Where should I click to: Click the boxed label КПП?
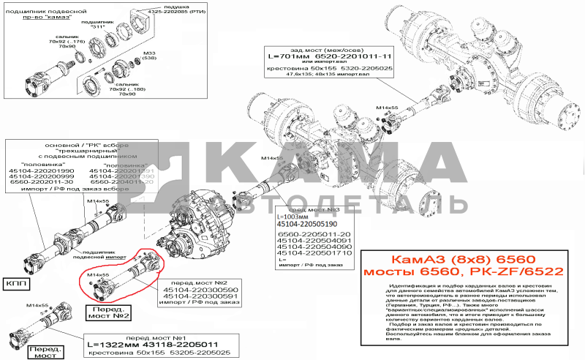coord(18,282)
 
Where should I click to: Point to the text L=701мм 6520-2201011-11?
coord(330,56)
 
